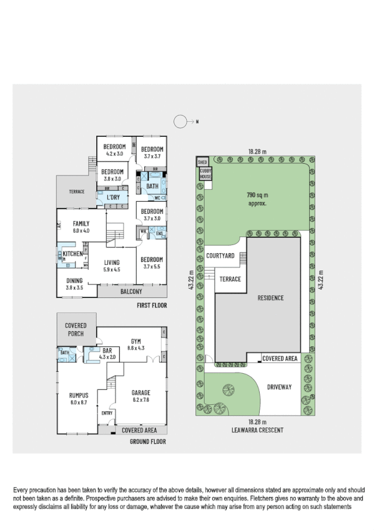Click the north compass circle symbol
tap(180, 122)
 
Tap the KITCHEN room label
tap(73, 254)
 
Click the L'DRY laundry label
tap(114, 197)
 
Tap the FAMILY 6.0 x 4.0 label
tap(81, 226)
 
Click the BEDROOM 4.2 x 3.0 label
tap(115, 149)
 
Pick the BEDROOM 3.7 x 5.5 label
tap(152, 262)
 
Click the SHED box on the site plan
tap(202, 161)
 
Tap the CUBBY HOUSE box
tap(205, 174)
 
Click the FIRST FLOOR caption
tap(152, 306)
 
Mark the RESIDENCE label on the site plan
tap(270, 297)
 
